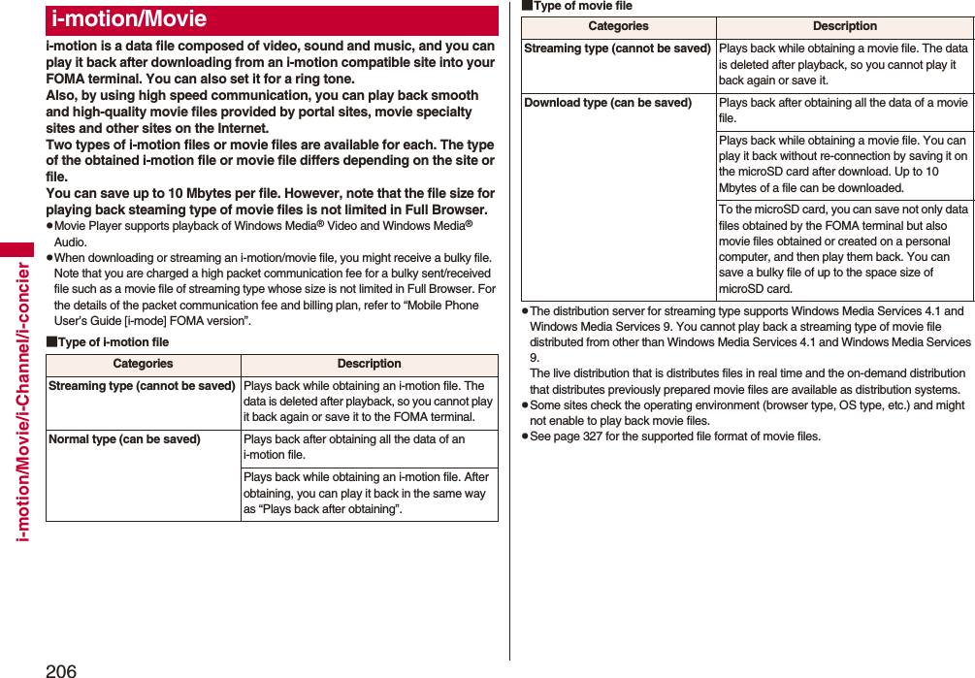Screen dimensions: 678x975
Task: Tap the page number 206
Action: [x=60, y=669]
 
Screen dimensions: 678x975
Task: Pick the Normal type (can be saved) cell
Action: [x=125, y=439]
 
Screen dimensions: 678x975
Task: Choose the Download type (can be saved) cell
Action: [x=608, y=103]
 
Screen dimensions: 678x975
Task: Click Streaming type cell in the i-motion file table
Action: [x=142, y=386]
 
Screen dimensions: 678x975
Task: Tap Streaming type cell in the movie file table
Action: [x=617, y=48]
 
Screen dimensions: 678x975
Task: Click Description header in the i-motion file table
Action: [x=369, y=364]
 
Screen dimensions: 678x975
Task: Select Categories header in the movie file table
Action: [x=618, y=26]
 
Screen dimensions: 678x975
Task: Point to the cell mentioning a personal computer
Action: [x=843, y=248]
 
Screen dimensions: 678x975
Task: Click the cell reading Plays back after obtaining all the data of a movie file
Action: [x=843, y=111]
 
